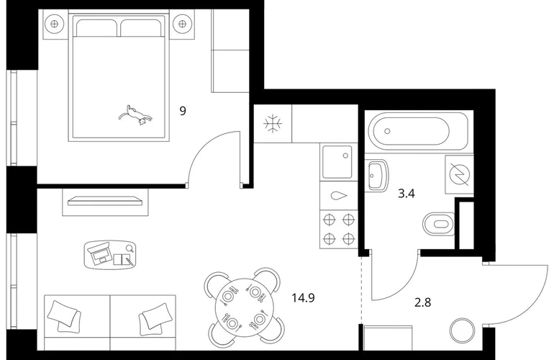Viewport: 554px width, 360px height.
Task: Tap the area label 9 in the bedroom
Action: click(x=183, y=111)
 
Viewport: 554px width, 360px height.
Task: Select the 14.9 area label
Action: click(x=303, y=298)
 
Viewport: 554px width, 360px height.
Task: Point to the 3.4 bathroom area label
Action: click(x=407, y=194)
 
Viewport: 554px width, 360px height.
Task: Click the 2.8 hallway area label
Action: click(x=422, y=302)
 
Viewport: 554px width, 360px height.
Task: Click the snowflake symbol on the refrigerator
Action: click(x=273, y=124)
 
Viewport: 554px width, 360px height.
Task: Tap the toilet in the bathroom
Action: click(x=438, y=224)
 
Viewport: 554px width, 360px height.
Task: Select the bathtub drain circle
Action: click(x=387, y=131)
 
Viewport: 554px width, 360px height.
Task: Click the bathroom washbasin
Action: click(x=376, y=176)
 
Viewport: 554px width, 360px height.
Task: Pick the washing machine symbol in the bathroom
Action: click(x=459, y=175)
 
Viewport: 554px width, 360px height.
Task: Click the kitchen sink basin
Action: click(x=337, y=162)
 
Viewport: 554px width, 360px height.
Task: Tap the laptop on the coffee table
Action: click(x=99, y=253)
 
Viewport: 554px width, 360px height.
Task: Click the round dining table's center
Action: click(x=244, y=307)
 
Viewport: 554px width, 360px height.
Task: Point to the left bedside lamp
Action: click(x=54, y=24)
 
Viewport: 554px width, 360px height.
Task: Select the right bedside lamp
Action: click(x=182, y=24)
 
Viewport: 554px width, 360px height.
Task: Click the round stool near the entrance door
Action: click(x=462, y=330)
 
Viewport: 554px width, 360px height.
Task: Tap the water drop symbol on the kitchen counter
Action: click(x=339, y=196)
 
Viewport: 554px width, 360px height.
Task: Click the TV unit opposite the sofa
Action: click(x=105, y=202)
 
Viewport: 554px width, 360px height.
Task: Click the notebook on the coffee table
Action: click(x=122, y=259)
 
